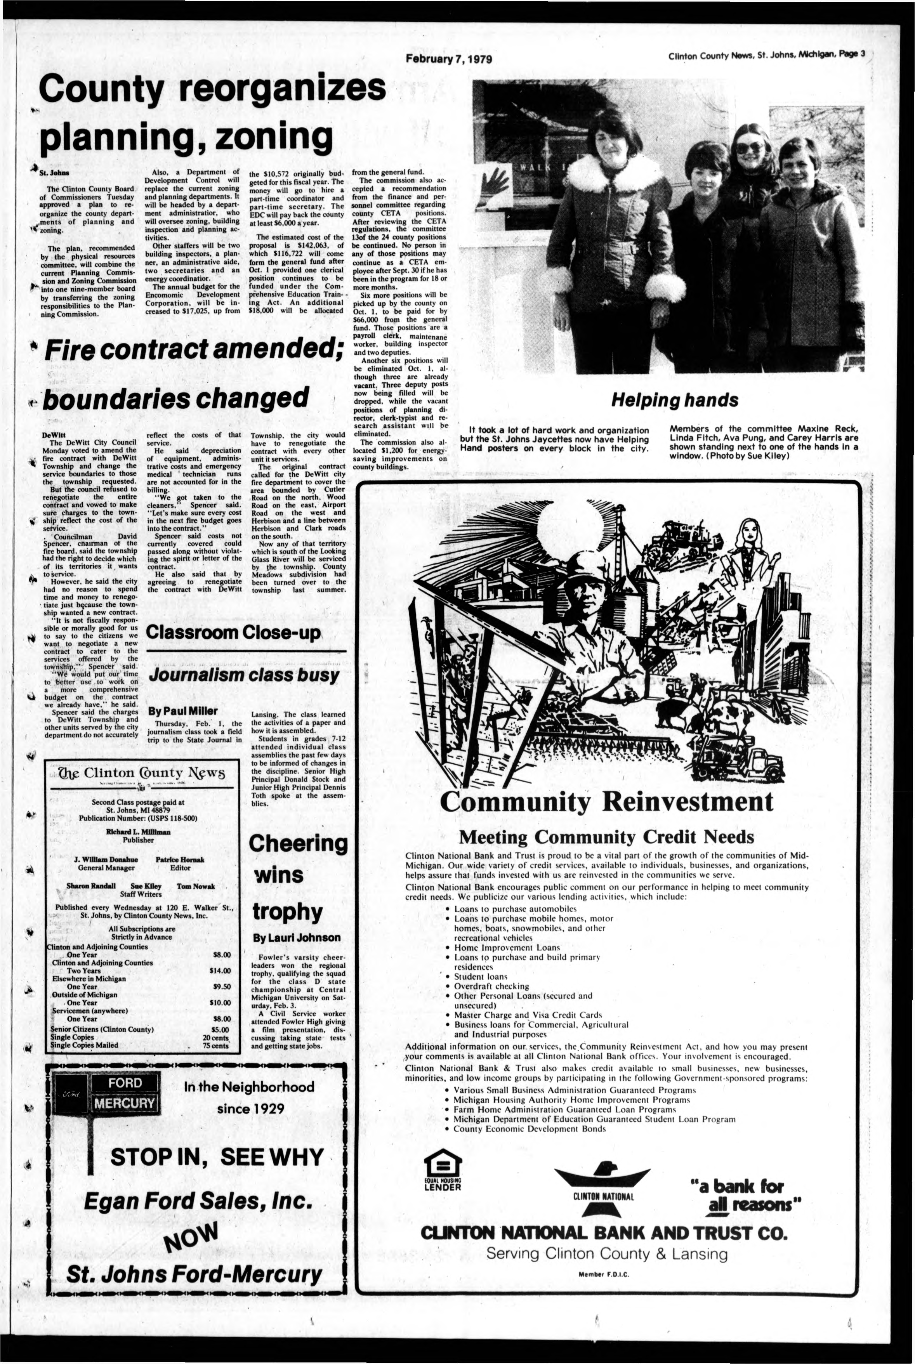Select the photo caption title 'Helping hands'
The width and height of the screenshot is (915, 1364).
coord(674,400)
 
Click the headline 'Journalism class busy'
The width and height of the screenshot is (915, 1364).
coord(244,675)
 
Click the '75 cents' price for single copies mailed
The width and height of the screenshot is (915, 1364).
coord(215,1045)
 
